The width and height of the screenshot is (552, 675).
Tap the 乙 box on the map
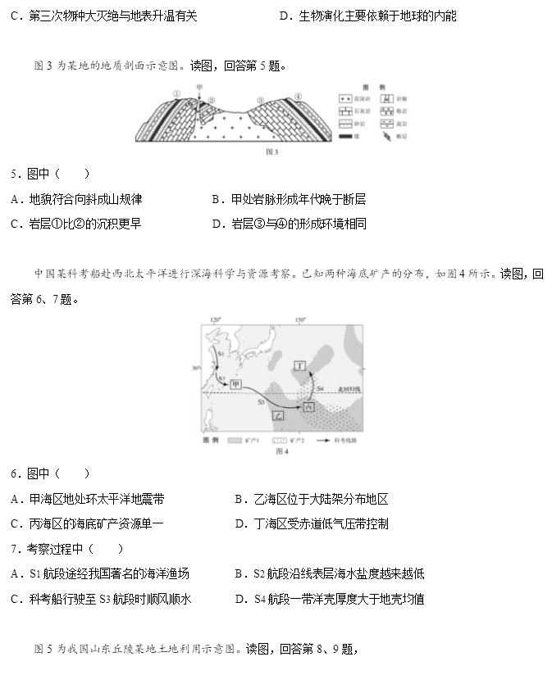point(279,416)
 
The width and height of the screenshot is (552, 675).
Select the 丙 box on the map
point(308,407)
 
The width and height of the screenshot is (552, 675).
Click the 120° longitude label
point(216,319)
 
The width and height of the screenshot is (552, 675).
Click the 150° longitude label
point(299,319)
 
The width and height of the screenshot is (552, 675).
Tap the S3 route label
point(261,402)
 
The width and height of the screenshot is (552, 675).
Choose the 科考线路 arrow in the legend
point(323,440)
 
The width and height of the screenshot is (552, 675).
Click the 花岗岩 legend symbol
point(344,98)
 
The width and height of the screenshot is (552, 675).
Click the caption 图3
point(272,152)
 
